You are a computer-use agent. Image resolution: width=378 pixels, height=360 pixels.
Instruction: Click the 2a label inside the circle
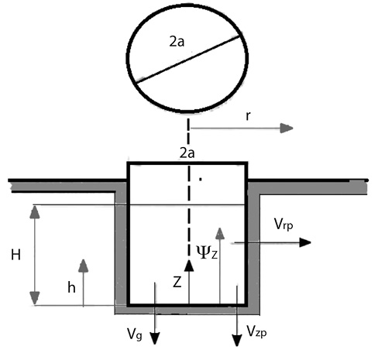click(177, 41)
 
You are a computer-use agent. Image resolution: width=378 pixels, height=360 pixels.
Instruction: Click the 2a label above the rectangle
click(187, 153)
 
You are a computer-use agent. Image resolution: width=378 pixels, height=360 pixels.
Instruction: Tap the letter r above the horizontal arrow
click(248, 116)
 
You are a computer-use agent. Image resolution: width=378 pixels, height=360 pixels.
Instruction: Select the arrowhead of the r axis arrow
click(287, 129)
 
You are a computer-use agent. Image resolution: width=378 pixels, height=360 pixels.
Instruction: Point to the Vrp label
click(283, 224)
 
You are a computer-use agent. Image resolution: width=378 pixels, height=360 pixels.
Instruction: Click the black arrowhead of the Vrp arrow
click(305, 242)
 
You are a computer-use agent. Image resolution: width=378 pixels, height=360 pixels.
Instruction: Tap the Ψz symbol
click(207, 252)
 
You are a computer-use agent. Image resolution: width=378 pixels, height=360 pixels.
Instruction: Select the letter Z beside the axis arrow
click(177, 283)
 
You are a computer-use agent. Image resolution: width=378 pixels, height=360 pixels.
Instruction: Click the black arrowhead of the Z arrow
click(189, 266)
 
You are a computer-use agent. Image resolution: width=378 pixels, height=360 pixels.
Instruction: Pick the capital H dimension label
click(15, 255)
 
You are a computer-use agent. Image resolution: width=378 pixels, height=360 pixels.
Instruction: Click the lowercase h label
click(71, 287)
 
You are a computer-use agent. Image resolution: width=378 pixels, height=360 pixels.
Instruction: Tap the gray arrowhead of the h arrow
click(84, 266)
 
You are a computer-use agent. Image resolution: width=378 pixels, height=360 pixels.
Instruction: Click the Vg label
click(135, 334)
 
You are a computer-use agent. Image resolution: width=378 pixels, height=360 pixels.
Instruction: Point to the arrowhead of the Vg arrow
click(155, 338)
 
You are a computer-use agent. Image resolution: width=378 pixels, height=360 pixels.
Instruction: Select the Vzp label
click(256, 331)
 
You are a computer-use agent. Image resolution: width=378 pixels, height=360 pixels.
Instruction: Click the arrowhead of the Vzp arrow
click(237, 340)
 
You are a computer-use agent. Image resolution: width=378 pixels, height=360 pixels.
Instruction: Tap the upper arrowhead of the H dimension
click(35, 212)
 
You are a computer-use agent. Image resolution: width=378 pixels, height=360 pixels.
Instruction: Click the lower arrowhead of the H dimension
click(35, 298)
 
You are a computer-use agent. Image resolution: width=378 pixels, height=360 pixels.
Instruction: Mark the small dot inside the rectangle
click(200, 178)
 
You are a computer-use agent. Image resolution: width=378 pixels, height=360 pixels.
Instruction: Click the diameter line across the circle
click(187, 60)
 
